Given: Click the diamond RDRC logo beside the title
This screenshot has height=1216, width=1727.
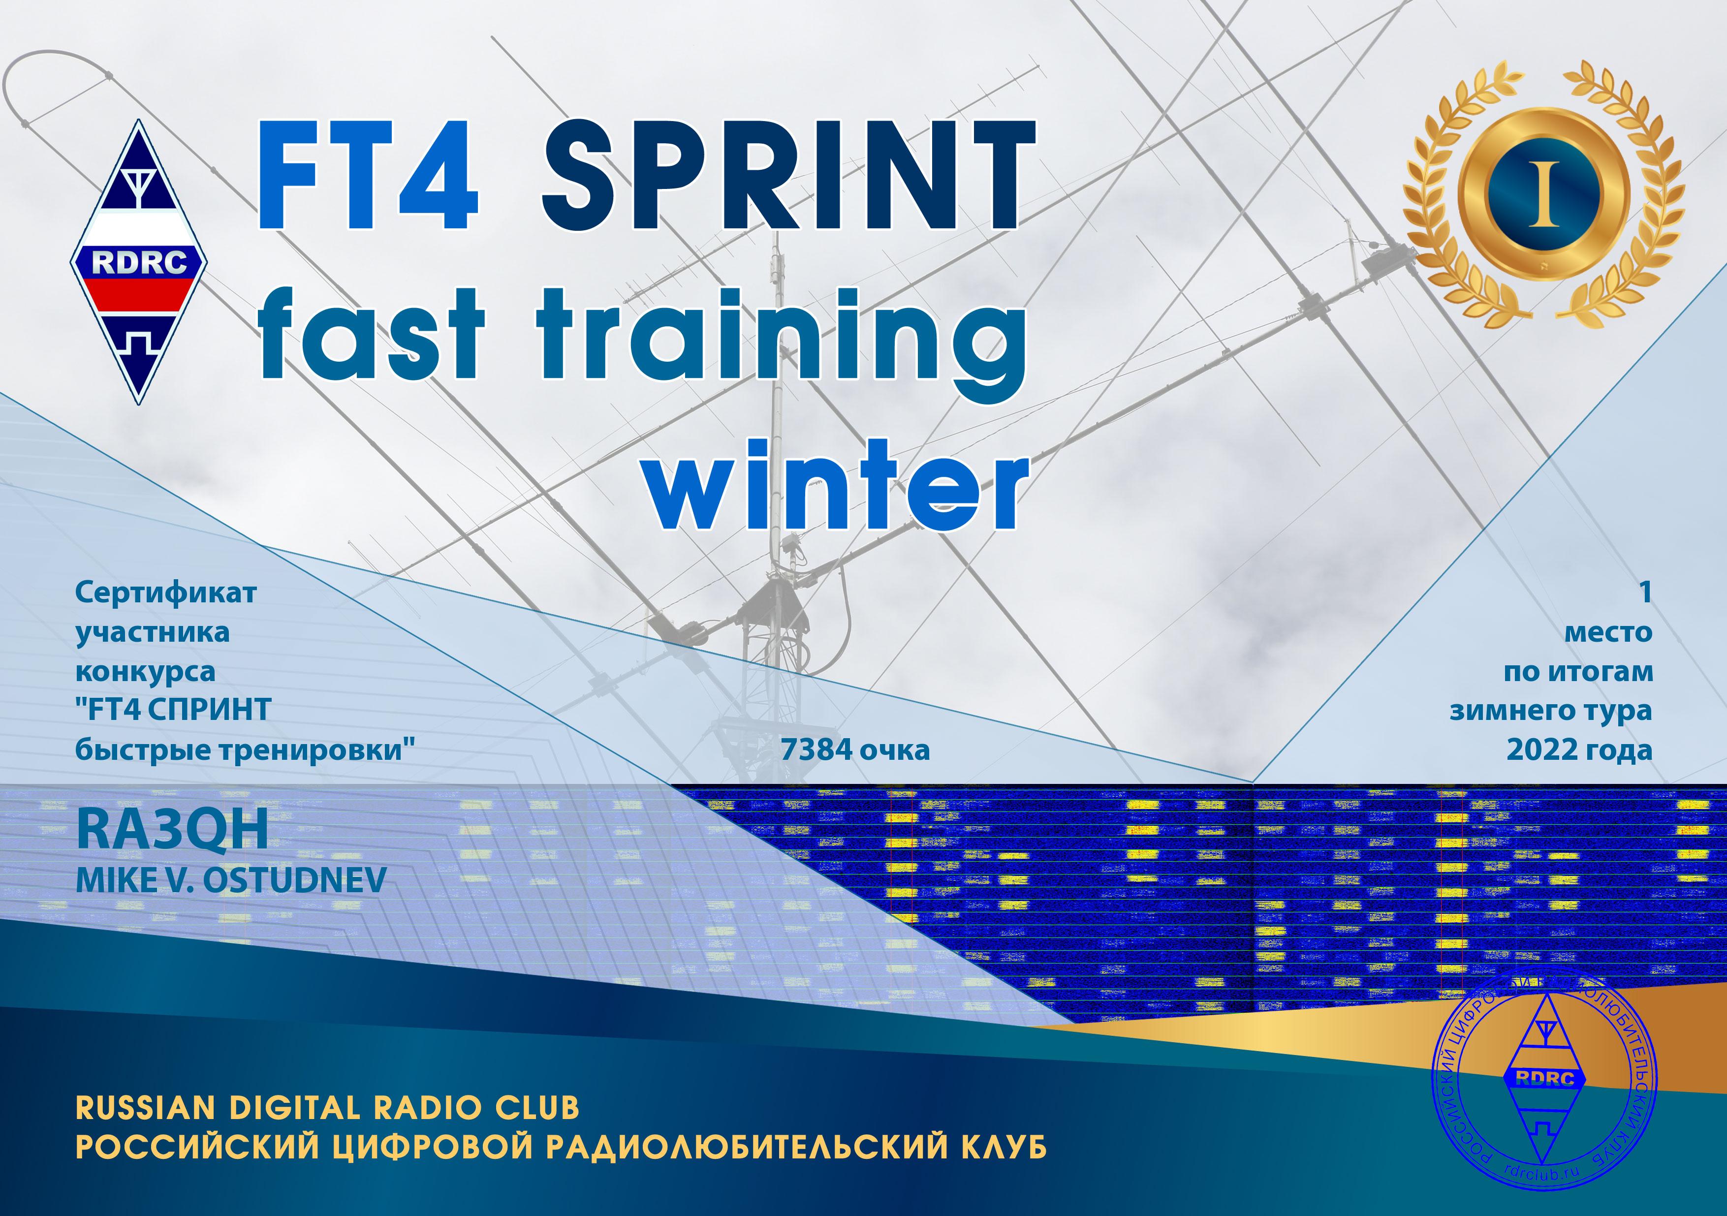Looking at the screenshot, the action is coord(139,262).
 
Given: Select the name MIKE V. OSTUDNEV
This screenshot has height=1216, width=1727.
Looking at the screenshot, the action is coord(231,880).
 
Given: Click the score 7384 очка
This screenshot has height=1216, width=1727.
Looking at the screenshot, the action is coord(855,750).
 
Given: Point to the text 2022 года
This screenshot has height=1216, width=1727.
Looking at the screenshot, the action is coord(1579,750).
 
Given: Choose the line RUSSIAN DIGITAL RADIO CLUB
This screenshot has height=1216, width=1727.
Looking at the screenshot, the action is coord(327,1108).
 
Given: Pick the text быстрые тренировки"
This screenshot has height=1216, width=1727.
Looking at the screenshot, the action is coord(246,750).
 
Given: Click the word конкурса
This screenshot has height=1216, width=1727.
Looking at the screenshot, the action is coord(145,672).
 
